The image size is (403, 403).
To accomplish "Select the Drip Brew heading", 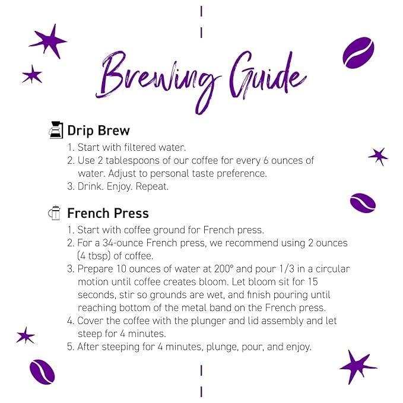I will pos(99,131).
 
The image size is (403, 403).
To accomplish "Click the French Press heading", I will pos(108,213).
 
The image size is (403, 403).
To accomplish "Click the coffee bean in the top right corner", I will pos(358,53).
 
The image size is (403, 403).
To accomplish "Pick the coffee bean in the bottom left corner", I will pos(42,372).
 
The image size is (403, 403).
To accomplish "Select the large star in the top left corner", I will pos(47,41).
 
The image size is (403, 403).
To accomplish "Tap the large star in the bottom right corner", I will pos(357,366).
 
